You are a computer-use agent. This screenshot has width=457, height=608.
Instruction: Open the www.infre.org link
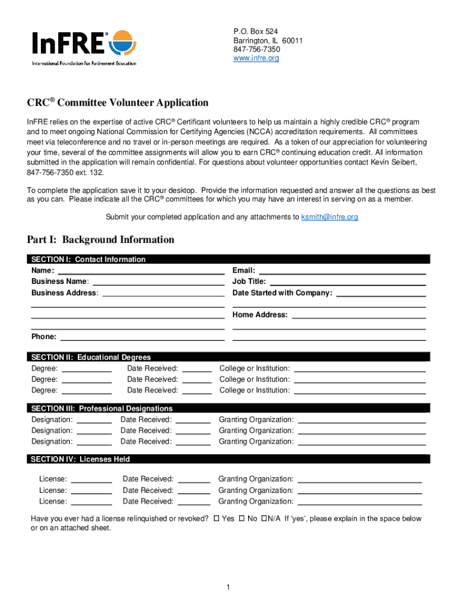(256, 58)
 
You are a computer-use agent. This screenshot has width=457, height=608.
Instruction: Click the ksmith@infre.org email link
(329, 217)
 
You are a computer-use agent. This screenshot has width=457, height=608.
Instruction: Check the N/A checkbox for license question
(264, 519)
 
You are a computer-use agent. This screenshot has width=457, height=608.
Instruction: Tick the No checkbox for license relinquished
(242, 519)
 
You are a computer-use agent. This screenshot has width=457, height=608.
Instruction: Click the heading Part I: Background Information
(100, 240)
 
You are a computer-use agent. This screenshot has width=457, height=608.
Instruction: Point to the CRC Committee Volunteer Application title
(118, 103)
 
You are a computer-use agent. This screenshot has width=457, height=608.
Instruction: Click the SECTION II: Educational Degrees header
(91, 357)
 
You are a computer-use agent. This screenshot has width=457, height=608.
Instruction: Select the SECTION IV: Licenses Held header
(80, 459)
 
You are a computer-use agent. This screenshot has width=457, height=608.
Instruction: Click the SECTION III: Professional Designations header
(101, 408)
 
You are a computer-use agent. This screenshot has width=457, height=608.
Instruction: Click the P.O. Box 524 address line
(255, 31)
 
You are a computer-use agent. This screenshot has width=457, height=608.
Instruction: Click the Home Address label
(260, 315)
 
